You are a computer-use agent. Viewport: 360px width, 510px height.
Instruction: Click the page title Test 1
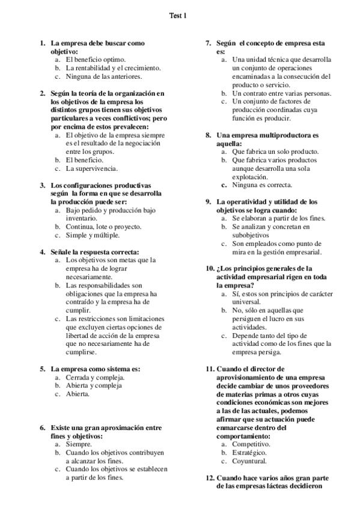point(178,16)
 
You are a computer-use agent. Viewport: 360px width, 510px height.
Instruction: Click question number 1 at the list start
point(42,43)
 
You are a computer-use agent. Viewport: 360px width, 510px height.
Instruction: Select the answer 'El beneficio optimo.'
point(96,60)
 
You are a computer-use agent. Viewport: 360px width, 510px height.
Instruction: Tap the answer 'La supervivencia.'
point(91,168)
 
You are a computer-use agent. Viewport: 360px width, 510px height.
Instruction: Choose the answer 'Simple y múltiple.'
point(94,235)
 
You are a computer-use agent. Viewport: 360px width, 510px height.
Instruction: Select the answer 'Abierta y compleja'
point(94,385)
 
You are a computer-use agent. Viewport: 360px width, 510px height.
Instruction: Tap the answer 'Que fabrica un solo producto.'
point(275,152)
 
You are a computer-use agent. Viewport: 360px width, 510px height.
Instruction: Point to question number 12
point(210,478)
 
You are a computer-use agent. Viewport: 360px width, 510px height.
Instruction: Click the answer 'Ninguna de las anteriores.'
point(104,76)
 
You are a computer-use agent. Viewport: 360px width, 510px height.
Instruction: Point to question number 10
point(210,268)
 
